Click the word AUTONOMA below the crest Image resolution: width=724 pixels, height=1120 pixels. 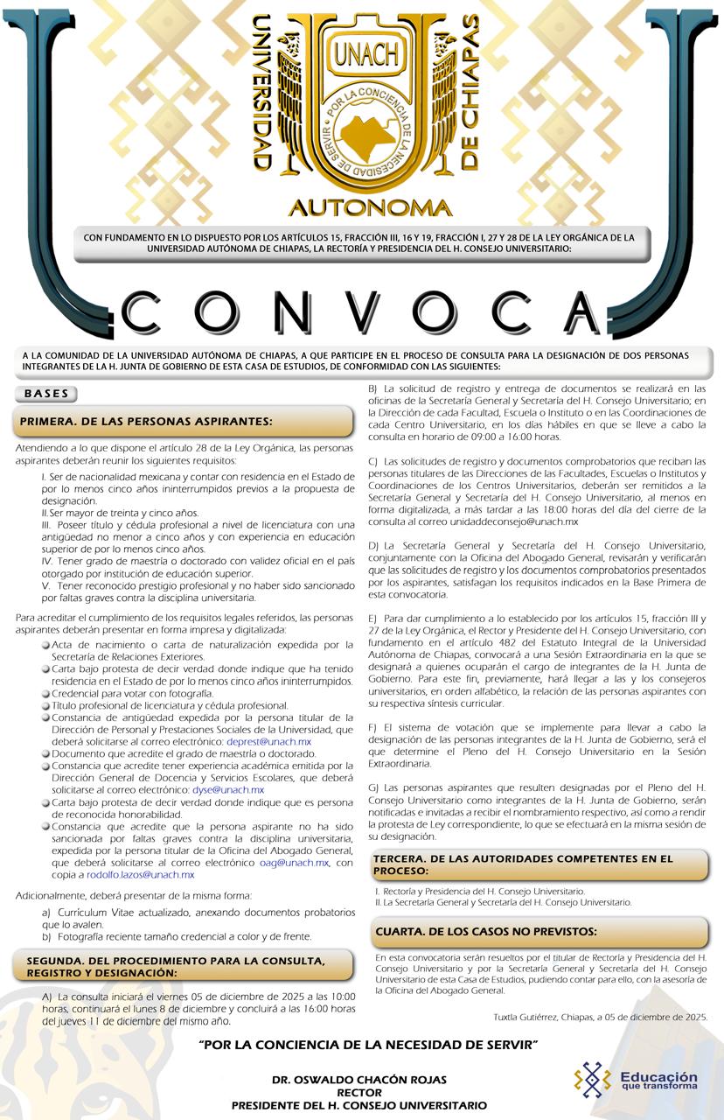click(x=370, y=208)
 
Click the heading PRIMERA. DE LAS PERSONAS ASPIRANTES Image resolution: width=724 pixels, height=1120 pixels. click(x=145, y=422)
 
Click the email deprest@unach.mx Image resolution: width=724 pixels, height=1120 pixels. click(x=268, y=741)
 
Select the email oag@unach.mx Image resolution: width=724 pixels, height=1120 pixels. click(x=294, y=862)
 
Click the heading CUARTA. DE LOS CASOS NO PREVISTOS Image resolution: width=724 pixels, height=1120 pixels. click(x=486, y=931)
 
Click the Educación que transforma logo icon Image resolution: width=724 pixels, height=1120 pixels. click(x=592, y=1078)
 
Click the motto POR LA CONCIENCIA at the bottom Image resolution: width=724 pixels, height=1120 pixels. click(x=367, y=1045)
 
